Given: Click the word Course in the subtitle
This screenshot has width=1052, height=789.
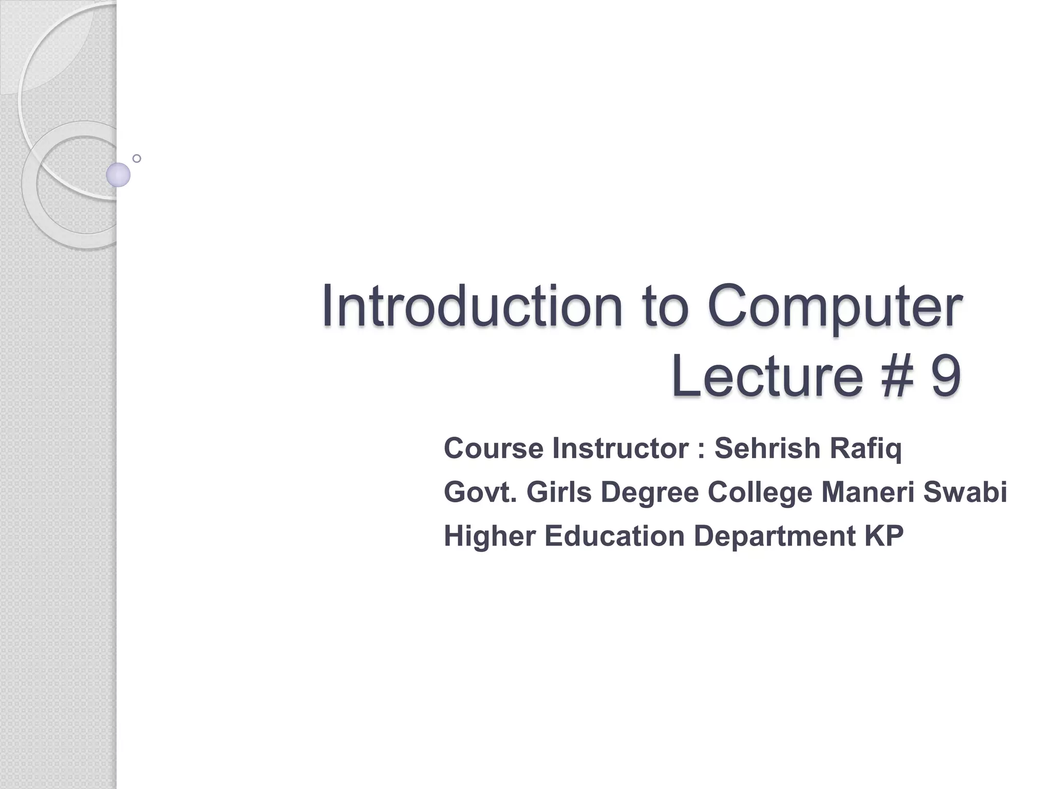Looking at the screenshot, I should pos(493,448).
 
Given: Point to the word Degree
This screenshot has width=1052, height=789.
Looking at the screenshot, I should pos(649,493).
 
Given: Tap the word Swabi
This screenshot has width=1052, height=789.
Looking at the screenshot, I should pos(965,492).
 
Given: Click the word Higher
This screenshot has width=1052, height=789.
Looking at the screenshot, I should pos(490,536).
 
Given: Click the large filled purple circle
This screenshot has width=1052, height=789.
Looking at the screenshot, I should pos(118,175).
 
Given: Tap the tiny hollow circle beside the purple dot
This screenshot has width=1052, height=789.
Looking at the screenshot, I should pos(137,158).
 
